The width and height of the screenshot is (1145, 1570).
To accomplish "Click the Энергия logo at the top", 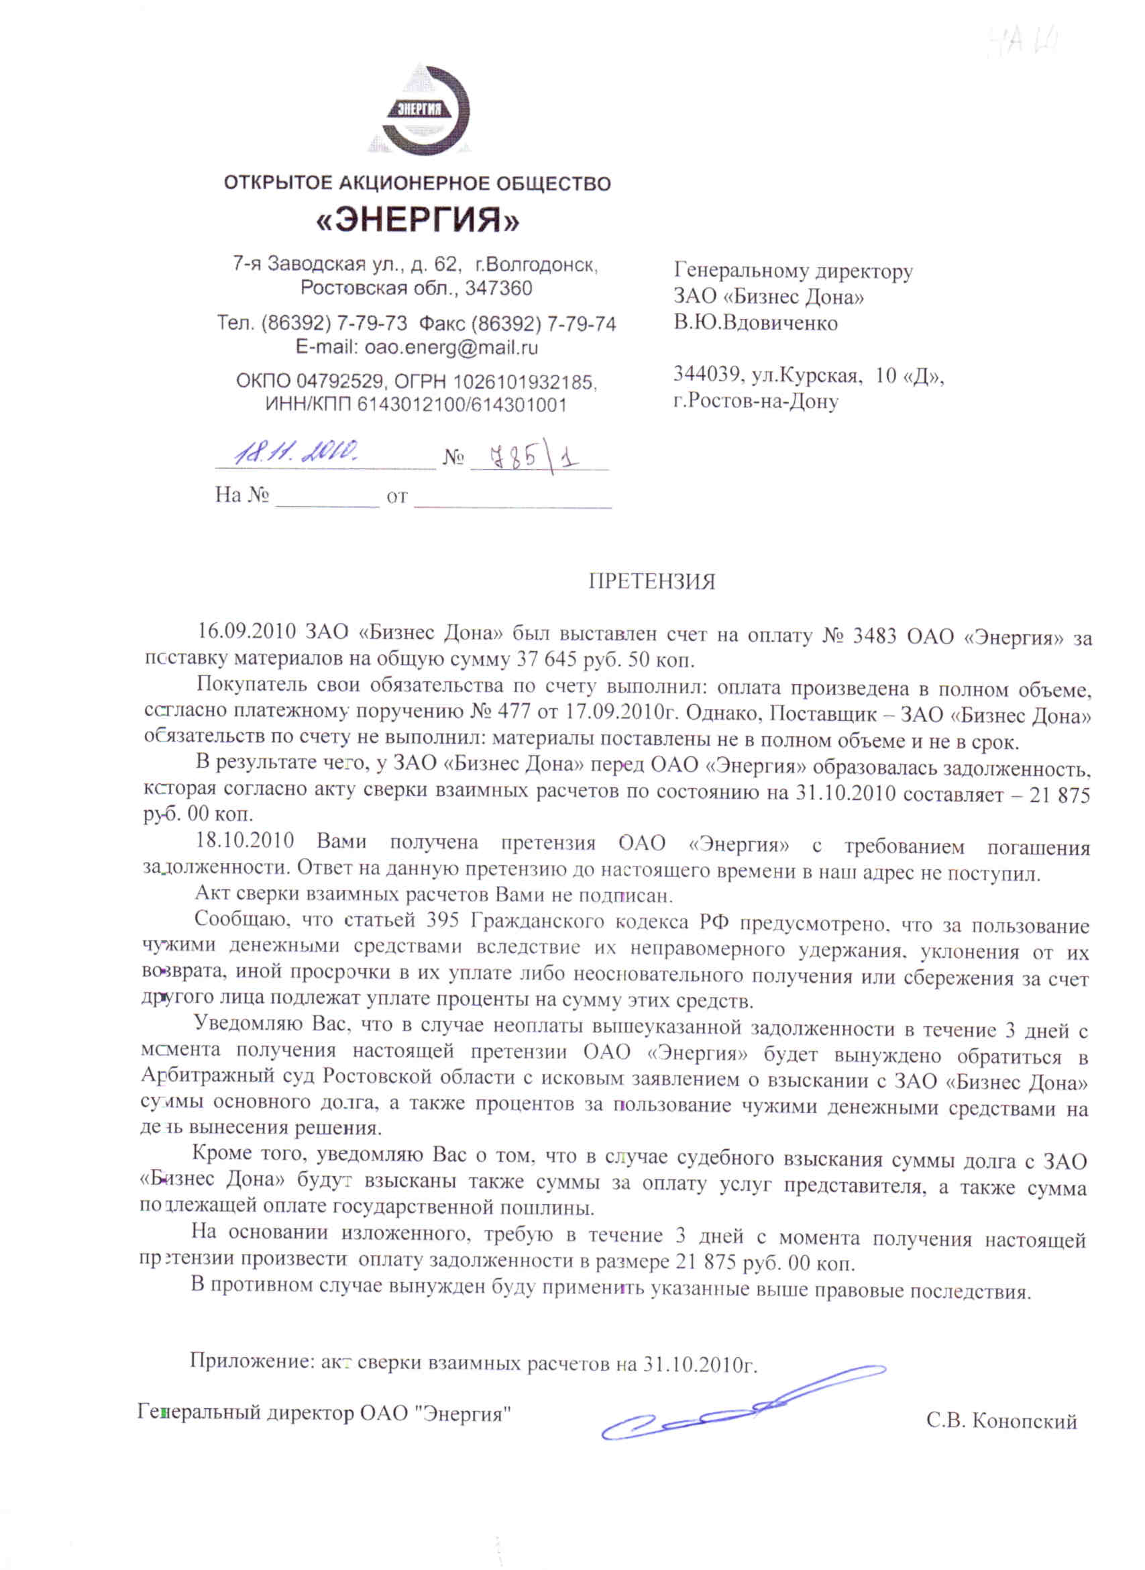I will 419,109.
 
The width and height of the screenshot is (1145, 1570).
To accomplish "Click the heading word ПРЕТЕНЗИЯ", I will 651,581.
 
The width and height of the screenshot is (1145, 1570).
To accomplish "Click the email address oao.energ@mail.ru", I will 451,347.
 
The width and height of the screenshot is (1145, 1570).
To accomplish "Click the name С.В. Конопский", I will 1001,1421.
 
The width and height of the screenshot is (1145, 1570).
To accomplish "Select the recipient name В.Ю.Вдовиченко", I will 755,323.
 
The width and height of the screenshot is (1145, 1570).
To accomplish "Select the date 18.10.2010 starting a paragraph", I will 245,841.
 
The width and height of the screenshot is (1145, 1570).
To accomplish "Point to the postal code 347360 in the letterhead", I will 498,288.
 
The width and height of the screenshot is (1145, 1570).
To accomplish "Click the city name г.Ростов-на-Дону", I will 755,401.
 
